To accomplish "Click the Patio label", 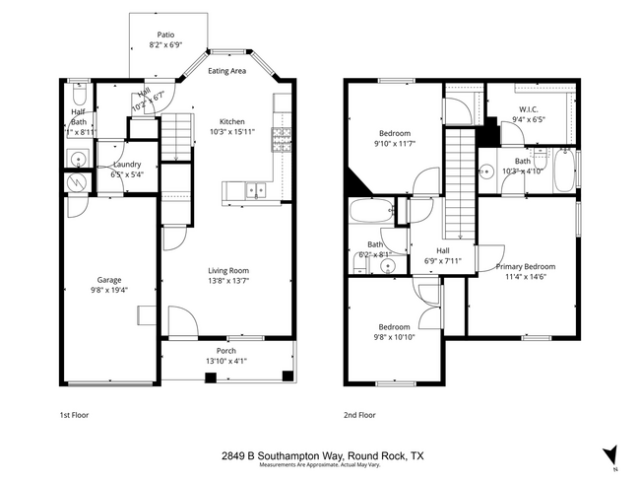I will click(166, 34).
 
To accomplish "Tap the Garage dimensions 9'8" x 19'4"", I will click(110, 290).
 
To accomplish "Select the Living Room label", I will click(227, 270).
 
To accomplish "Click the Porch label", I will click(226, 350).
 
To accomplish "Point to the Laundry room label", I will click(127, 165).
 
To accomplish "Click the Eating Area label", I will click(226, 71).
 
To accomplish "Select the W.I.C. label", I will click(528, 109).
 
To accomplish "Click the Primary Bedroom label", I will click(525, 266).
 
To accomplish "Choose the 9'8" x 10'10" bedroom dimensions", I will click(393, 337).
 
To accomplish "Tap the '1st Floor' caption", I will click(74, 415).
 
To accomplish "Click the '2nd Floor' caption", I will click(359, 415).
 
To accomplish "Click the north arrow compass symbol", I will click(610, 454).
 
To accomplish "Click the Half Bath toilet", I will click(80, 95).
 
